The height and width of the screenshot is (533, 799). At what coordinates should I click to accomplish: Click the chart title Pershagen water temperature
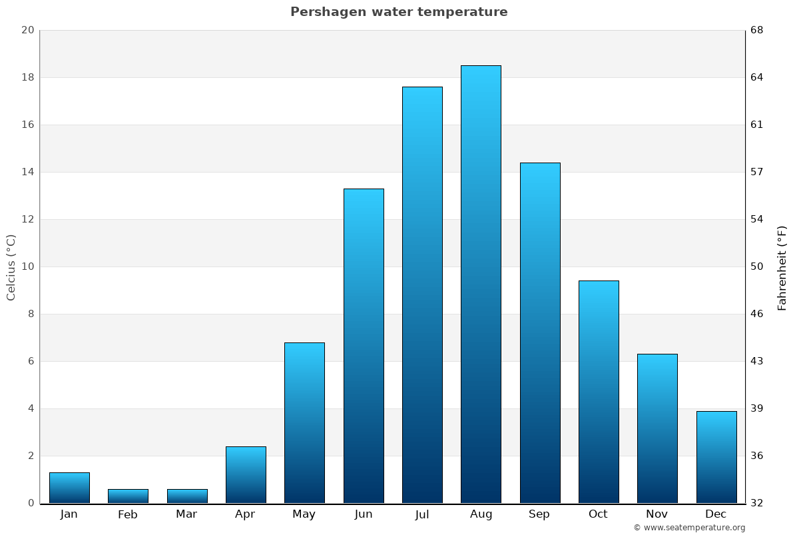pyautogui.click(x=399, y=12)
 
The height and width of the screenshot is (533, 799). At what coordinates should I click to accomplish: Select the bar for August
pyautogui.click(x=481, y=284)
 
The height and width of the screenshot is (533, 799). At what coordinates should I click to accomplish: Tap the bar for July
pyautogui.click(x=422, y=294)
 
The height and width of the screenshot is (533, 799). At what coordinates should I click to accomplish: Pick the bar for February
pyautogui.click(x=128, y=496)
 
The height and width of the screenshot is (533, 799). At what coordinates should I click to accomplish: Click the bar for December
pyautogui.click(x=716, y=457)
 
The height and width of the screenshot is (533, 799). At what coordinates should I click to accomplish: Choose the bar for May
pyautogui.click(x=304, y=422)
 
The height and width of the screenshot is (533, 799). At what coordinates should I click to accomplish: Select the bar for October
pyautogui.click(x=599, y=392)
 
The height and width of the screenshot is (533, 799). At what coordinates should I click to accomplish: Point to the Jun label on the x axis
pyautogui.click(x=364, y=514)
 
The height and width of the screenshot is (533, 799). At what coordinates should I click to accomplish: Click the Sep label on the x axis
pyautogui.click(x=539, y=514)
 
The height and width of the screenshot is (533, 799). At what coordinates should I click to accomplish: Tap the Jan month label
pyautogui.click(x=69, y=514)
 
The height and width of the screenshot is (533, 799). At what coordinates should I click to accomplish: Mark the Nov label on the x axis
pyautogui.click(x=657, y=514)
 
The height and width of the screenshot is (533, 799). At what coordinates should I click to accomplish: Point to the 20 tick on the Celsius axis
pyautogui.click(x=27, y=30)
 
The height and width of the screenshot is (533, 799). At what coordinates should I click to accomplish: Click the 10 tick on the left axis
pyautogui.click(x=27, y=266)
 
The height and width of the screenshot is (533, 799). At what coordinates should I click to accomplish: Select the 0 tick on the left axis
pyautogui.click(x=31, y=503)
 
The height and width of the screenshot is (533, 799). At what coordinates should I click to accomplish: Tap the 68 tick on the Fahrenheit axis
pyautogui.click(x=757, y=30)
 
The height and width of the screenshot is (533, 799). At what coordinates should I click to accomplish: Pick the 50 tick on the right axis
pyautogui.click(x=757, y=266)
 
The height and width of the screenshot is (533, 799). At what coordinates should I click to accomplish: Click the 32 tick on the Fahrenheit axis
pyautogui.click(x=757, y=503)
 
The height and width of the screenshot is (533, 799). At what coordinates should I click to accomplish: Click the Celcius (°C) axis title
pyautogui.click(x=11, y=266)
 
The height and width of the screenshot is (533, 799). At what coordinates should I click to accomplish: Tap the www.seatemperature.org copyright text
pyautogui.click(x=689, y=528)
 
